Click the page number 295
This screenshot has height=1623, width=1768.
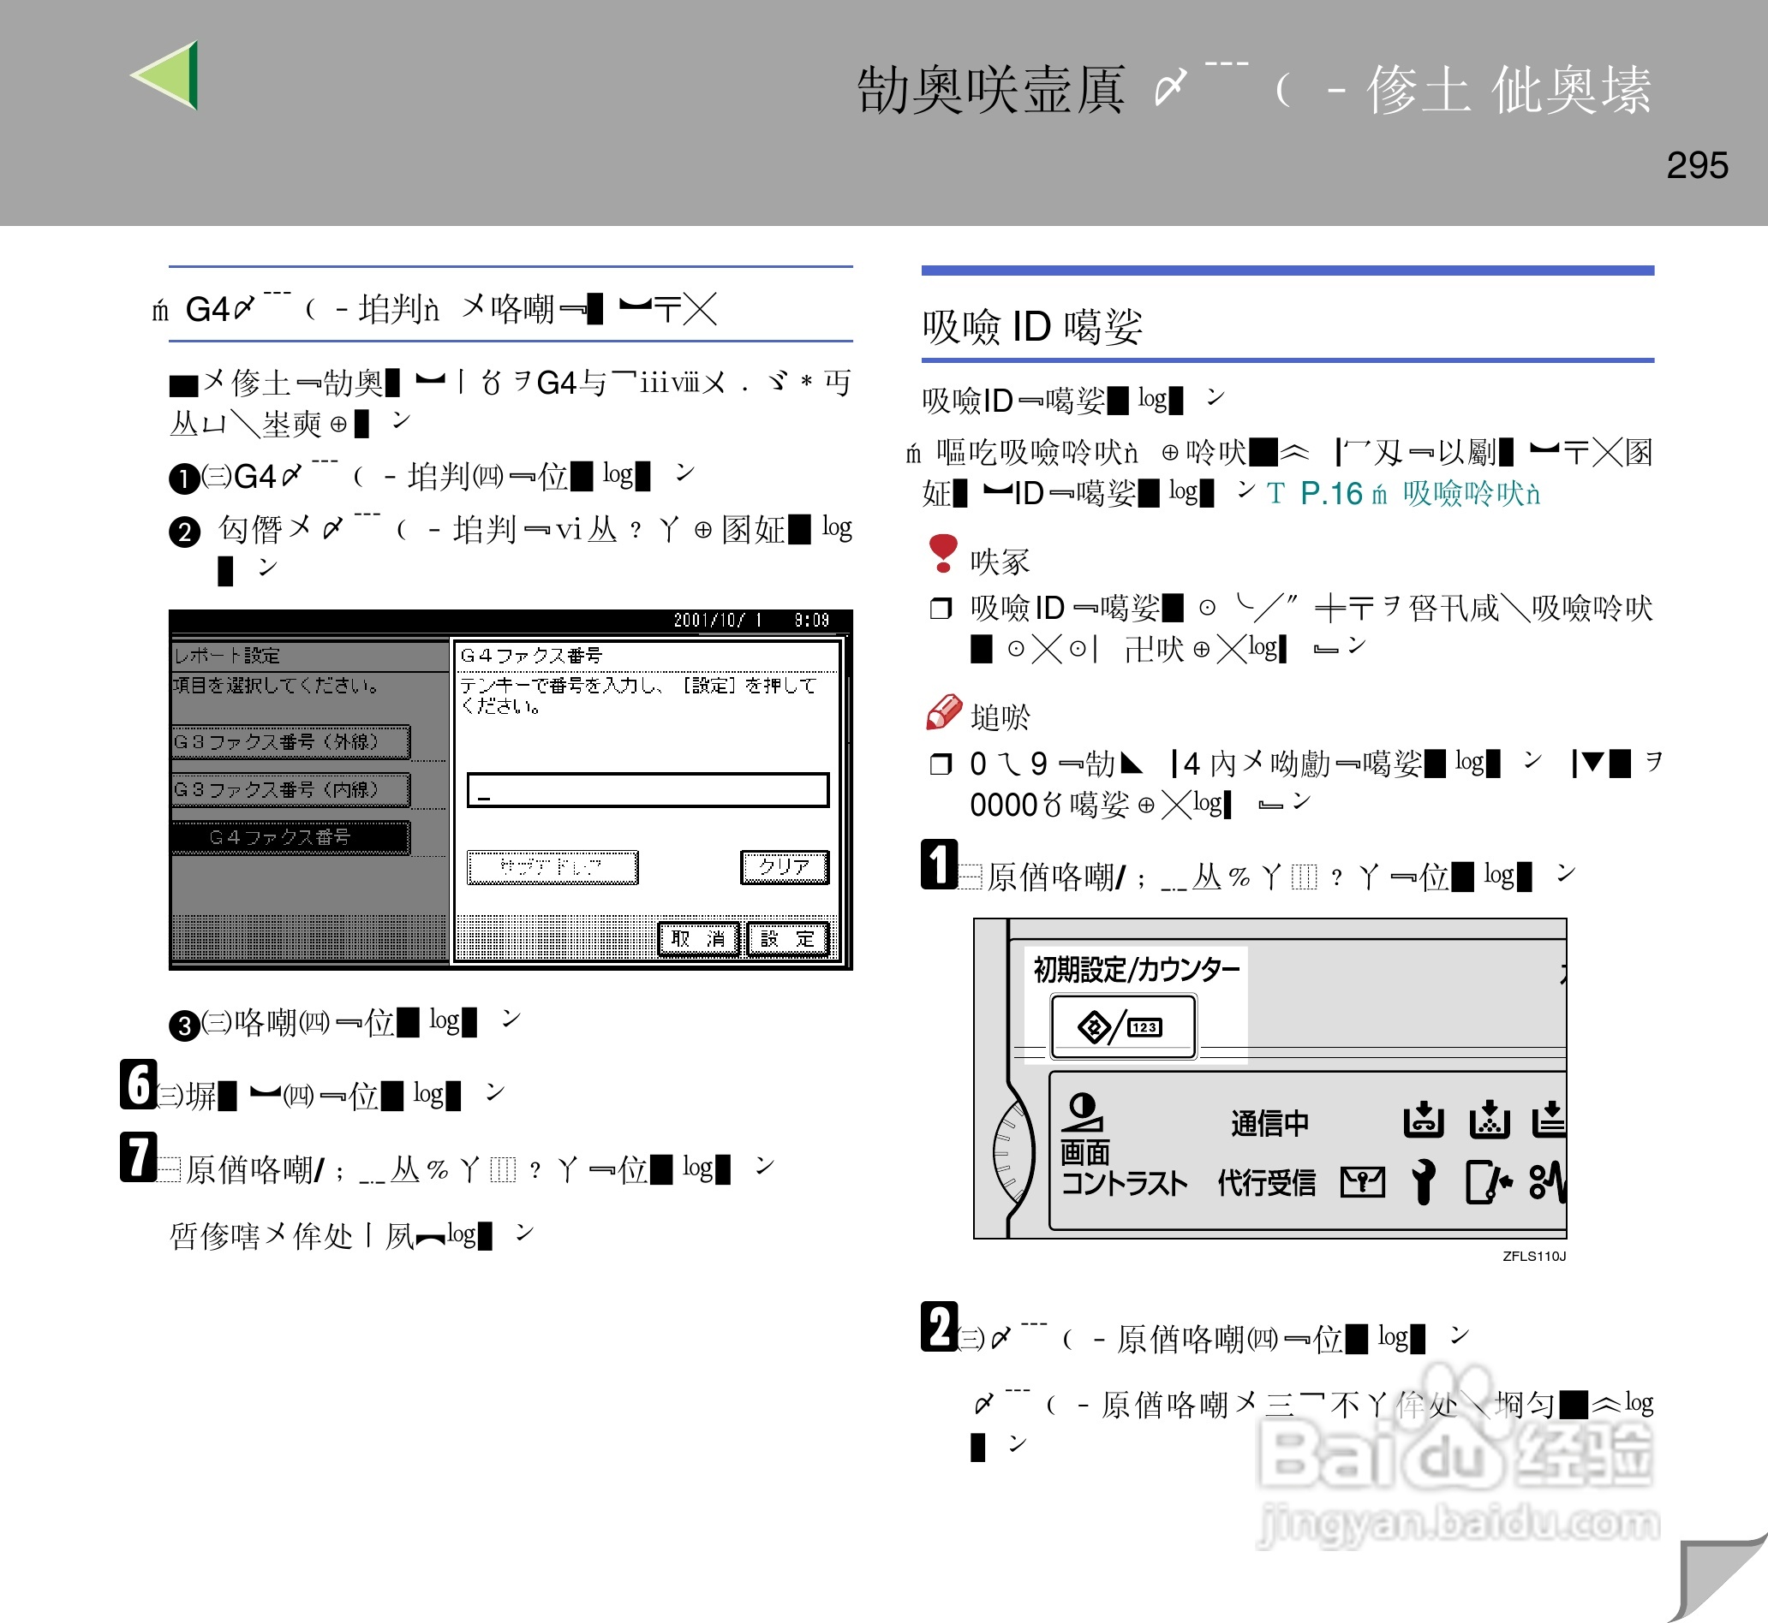pyautogui.click(x=1696, y=165)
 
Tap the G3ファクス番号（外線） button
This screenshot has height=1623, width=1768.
pyautogui.click(x=290, y=742)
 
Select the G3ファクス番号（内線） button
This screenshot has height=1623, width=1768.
pyautogui.click(x=290, y=789)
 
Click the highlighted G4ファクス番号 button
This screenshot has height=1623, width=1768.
pyautogui.click(x=290, y=837)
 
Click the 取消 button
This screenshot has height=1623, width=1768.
pyautogui.click(x=699, y=939)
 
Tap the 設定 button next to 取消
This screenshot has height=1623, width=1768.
pyautogui.click(x=787, y=939)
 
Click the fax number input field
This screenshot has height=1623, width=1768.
pyautogui.click(x=648, y=789)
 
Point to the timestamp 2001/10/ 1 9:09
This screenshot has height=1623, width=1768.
pyautogui.click(x=750, y=620)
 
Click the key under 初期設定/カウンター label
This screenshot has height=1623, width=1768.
pyautogui.click(x=1123, y=1026)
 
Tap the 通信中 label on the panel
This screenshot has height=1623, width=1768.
pyautogui.click(x=1269, y=1123)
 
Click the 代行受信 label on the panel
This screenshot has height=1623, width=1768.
pyautogui.click(x=1266, y=1183)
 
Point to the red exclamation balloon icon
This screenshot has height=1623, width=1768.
pyautogui.click(x=943, y=552)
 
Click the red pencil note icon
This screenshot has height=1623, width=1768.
pyautogui.click(x=944, y=712)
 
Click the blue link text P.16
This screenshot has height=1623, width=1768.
pyautogui.click(x=1330, y=494)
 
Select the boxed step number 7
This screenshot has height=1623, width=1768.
pyautogui.click(x=138, y=1156)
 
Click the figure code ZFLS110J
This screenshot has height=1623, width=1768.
pyautogui.click(x=1533, y=1256)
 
